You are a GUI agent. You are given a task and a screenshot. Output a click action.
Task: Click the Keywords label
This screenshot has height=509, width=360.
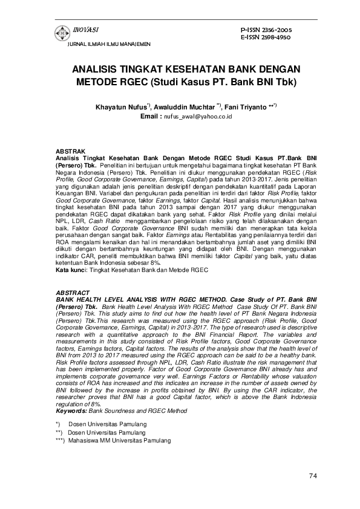(71, 411)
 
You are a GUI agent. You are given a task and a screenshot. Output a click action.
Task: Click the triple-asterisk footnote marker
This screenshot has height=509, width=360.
(60, 441)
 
